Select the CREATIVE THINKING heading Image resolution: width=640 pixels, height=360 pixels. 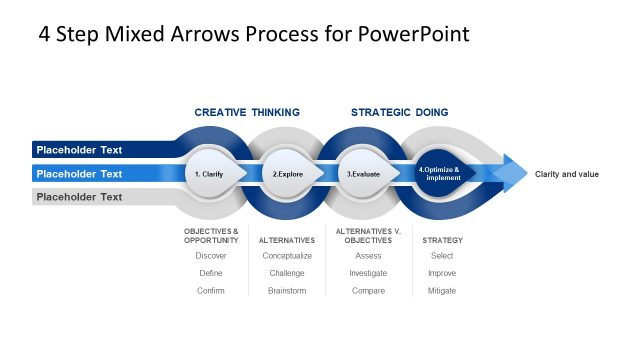[247, 112]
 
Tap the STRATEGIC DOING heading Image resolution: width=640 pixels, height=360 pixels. [399, 112]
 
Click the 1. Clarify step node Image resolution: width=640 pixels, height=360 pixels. [210, 174]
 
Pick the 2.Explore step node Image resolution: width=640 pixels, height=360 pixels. [288, 174]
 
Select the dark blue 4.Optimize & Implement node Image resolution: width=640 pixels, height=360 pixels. [439, 173]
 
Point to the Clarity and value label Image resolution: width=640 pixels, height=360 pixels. [567, 174]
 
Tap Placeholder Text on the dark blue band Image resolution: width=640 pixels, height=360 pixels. [79, 150]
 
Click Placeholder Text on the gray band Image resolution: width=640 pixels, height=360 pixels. [79, 197]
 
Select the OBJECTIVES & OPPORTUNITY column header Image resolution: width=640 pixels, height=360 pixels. [211, 236]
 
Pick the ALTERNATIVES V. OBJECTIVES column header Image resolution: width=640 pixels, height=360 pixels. [368, 236]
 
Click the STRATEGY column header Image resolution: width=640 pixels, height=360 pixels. [442, 240]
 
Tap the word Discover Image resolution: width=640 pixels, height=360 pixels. [211, 256]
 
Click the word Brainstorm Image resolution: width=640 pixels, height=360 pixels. [287, 290]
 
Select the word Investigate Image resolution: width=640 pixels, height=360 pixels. [368, 273]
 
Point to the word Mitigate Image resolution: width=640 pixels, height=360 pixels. [442, 290]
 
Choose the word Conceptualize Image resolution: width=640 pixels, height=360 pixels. [287, 256]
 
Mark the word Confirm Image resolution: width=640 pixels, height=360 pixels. [211, 290]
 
